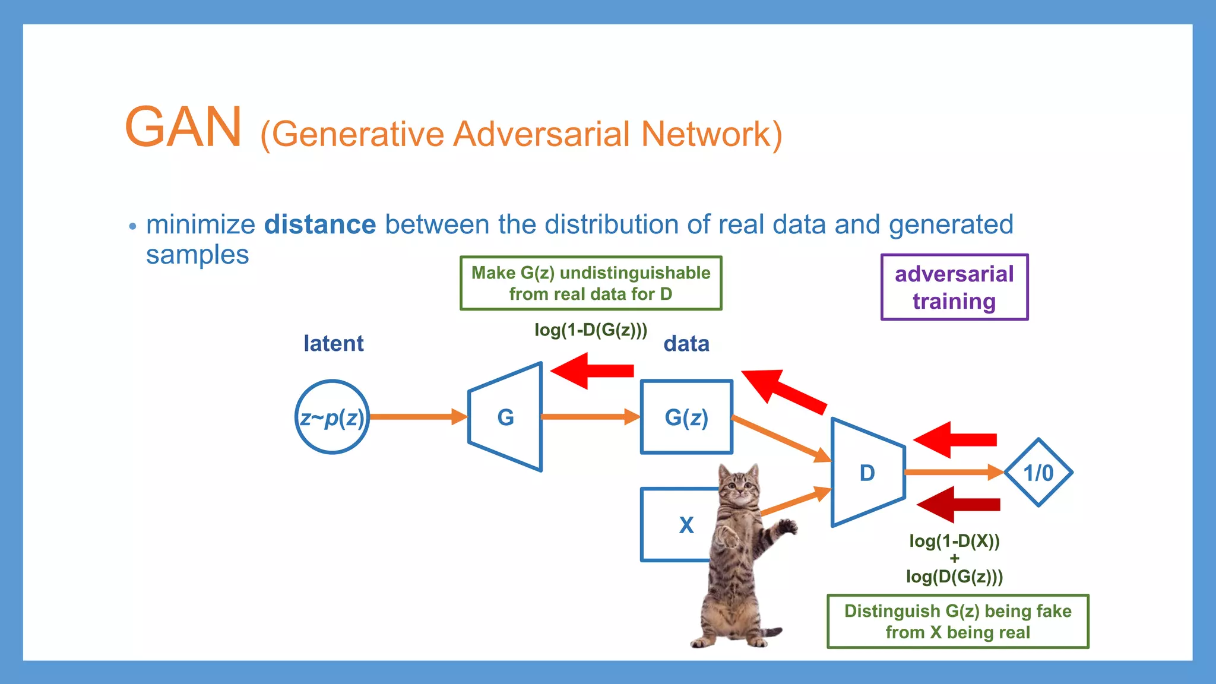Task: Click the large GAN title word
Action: coord(183,128)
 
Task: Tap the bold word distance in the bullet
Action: coord(320,225)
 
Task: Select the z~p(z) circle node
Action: coord(332,417)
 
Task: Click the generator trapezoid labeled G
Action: coord(506,417)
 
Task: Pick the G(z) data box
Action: coord(686,417)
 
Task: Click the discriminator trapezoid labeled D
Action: coord(867,473)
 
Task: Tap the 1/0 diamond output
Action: coord(1038,473)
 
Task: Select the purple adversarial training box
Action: coord(954,287)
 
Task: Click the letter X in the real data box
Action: coord(686,525)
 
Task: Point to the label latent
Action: coord(334,344)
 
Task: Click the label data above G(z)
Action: coord(686,344)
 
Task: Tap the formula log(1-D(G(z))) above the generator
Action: coord(591,330)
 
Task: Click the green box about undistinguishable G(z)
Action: coord(591,283)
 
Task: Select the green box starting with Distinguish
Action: coord(958,622)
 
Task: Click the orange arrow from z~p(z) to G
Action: coord(416,417)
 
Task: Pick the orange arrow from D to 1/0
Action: coord(950,472)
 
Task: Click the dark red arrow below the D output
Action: coord(959,505)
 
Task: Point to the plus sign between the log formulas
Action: coord(954,559)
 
